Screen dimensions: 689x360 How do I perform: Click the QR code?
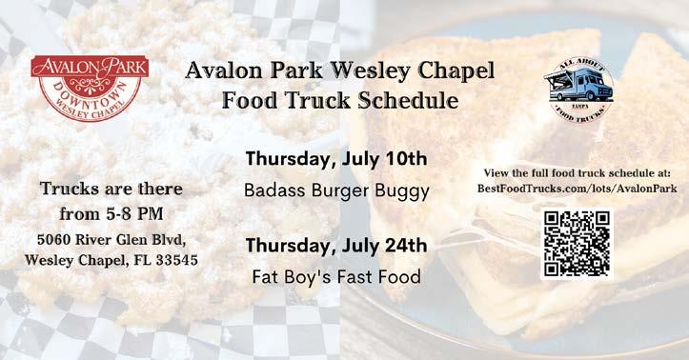tap(577, 244)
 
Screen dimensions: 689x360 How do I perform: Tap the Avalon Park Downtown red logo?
tap(90, 88)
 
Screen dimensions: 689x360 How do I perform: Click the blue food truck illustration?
tap(578, 85)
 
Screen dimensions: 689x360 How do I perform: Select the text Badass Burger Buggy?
tap(336, 191)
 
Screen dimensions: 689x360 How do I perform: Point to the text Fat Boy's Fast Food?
tap(336, 277)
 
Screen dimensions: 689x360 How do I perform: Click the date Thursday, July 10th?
tap(336, 159)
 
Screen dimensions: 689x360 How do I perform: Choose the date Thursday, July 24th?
tap(336, 246)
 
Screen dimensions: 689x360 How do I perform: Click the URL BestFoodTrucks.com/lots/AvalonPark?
tap(577, 189)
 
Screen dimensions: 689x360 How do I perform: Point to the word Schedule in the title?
tap(408, 101)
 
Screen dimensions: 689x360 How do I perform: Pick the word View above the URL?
tap(496, 173)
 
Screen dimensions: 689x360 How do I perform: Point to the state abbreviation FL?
tap(143, 260)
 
